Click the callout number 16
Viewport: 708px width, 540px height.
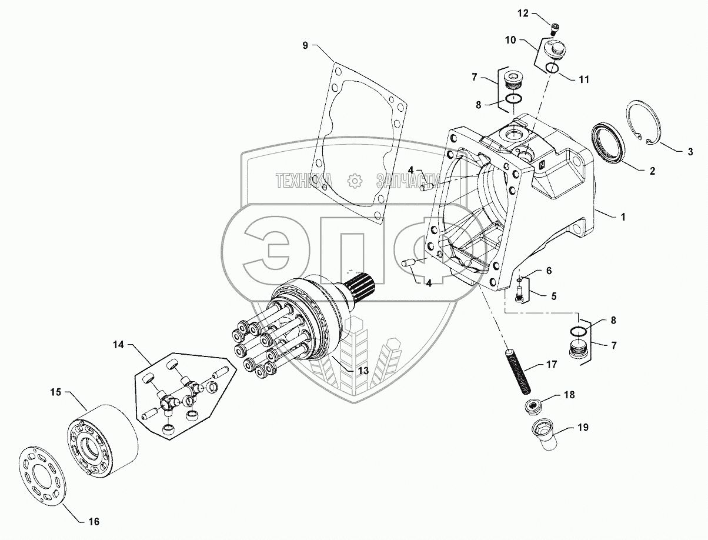[93, 521]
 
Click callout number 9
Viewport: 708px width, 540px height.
[305, 45]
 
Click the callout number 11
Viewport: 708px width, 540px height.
[584, 79]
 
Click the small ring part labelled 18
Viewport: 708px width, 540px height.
[534, 405]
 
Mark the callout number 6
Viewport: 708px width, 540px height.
[549, 271]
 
